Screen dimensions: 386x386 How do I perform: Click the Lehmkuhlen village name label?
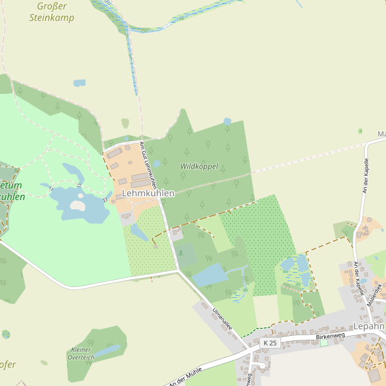coord(148,193)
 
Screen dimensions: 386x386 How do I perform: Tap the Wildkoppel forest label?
coord(199,166)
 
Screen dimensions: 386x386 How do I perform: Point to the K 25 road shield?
coord(271,344)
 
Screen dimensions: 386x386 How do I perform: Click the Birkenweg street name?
coord(331,336)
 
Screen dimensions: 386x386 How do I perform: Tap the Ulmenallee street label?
coord(222,318)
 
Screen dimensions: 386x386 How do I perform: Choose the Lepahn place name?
coord(368,326)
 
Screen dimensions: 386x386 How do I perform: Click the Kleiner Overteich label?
coord(82,353)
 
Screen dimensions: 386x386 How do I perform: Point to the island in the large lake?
coord(77,206)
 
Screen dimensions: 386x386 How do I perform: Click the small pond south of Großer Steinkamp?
coord(79,83)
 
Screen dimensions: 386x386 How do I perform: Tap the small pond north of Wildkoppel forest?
coord(227,121)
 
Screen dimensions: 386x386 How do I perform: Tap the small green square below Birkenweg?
coord(324,343)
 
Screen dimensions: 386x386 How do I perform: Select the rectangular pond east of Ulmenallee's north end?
coord(210,275)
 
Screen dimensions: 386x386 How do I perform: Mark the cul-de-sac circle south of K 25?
coord(261,367)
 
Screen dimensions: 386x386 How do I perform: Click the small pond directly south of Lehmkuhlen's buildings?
coord(139,232)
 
